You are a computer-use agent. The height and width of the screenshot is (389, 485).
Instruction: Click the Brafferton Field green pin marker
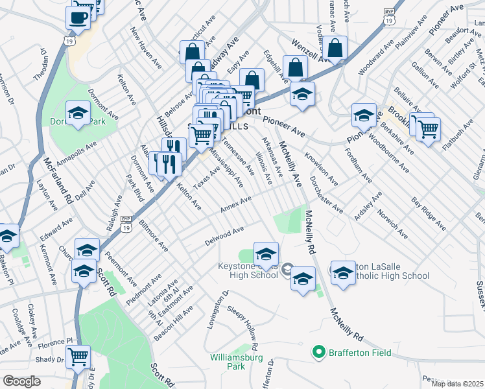coord(318,353)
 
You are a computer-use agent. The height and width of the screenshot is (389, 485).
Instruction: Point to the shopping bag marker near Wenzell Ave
coord(336,47)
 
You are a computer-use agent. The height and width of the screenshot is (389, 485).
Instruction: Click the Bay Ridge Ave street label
coord(429,214)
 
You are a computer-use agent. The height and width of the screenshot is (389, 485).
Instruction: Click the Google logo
coord(21,381)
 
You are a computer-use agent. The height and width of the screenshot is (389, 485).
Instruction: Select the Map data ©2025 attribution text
coord(457,384)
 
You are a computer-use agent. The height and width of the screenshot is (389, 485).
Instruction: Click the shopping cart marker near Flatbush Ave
coord(427,129)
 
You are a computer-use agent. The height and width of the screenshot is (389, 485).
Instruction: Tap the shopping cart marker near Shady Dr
coord(78,356)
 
